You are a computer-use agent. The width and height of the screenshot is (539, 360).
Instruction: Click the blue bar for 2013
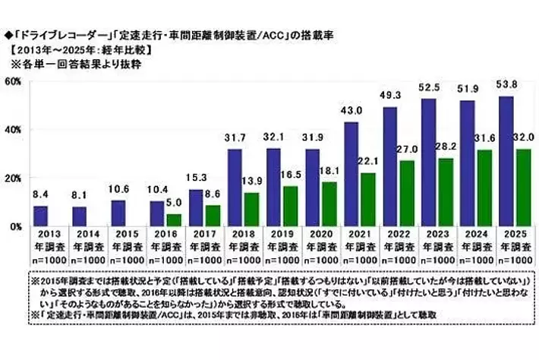(x=40, y=216)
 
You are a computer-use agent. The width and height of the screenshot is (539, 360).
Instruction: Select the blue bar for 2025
(x=506, y=161)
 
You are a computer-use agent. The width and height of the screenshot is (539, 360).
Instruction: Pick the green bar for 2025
(x=523, y=188)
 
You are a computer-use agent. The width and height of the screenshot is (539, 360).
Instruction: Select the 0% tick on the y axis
(x=15, y=226)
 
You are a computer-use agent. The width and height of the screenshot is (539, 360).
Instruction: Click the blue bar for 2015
(x=118, y=213)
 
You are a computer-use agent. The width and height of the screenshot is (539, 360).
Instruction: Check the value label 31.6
(x=485, y=141)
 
